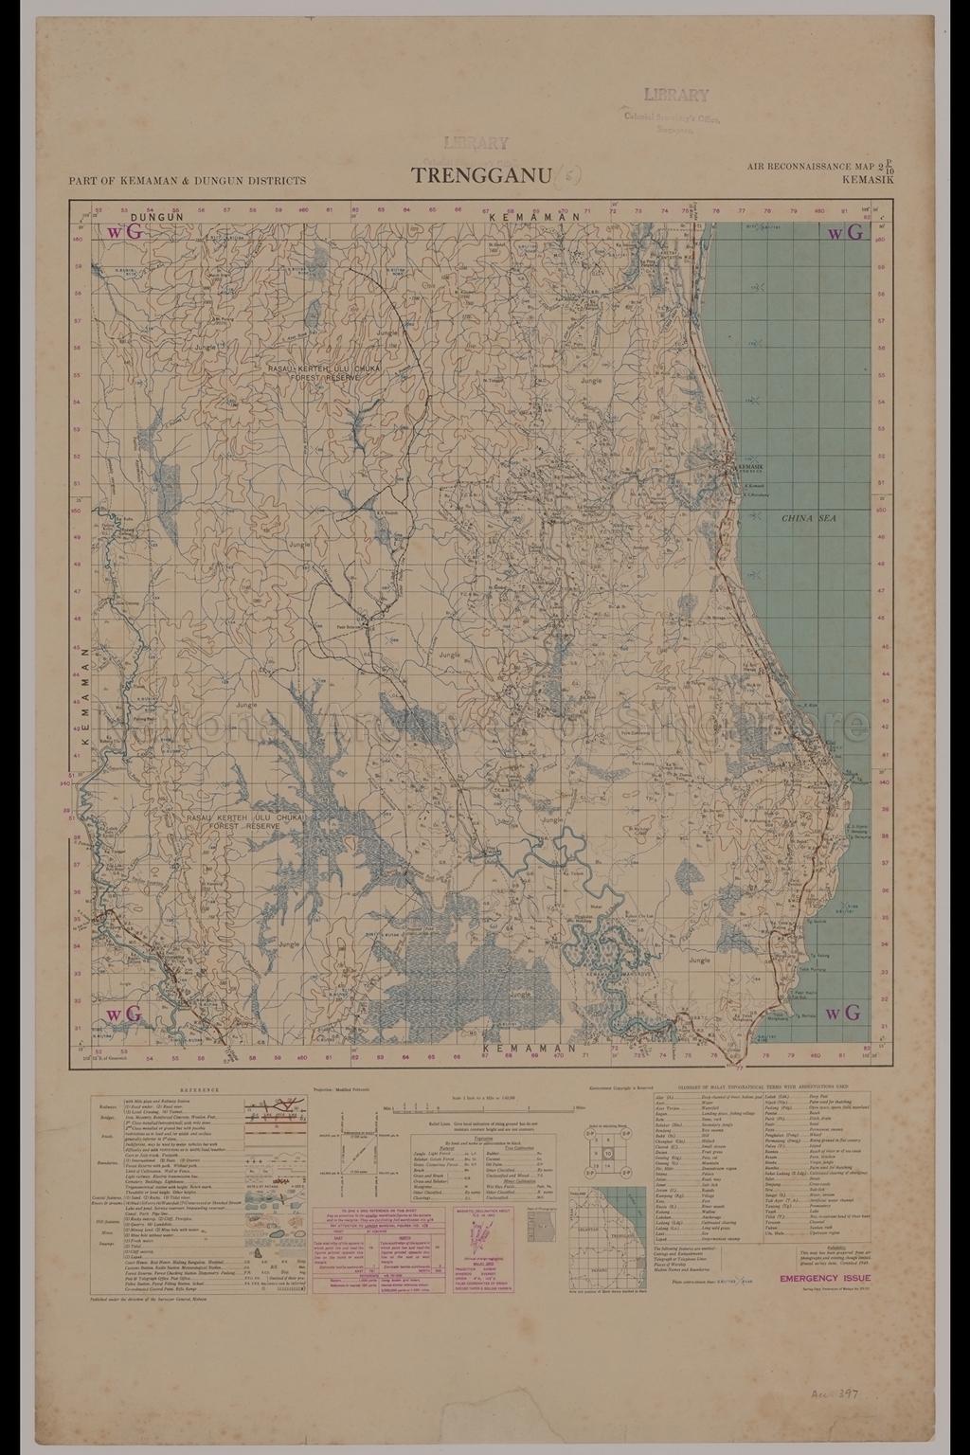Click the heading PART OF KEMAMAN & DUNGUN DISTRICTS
[188, 180]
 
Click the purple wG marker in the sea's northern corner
[846, 233]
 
